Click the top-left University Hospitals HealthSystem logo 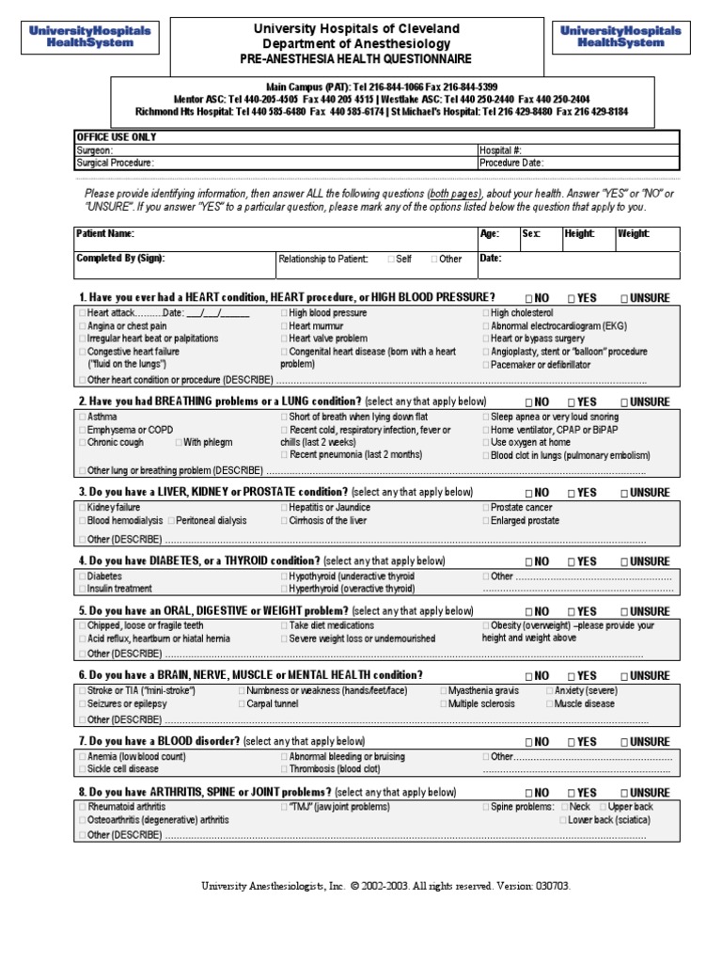coord(89,37)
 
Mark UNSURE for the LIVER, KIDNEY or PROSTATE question coord(624,493)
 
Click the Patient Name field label coord(104,233)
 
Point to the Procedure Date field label coord(511,162)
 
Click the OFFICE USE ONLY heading coord(117,137)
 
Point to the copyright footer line coord(385,886)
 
